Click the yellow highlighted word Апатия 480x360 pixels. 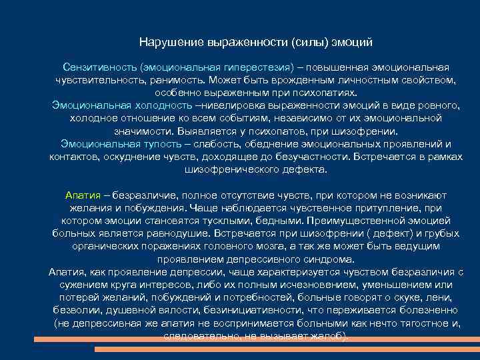[83, 195]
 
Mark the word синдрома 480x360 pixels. [333, 259]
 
